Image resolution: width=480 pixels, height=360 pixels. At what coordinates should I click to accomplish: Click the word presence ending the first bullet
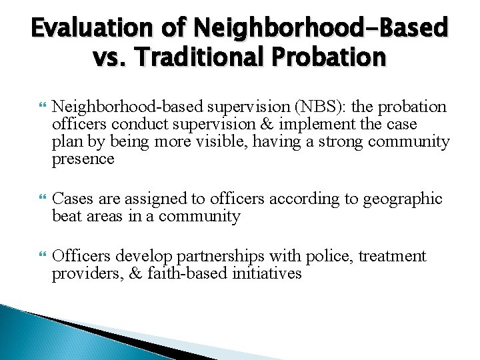[83, 160]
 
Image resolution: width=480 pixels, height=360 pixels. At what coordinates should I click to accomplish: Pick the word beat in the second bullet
[66, 217]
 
